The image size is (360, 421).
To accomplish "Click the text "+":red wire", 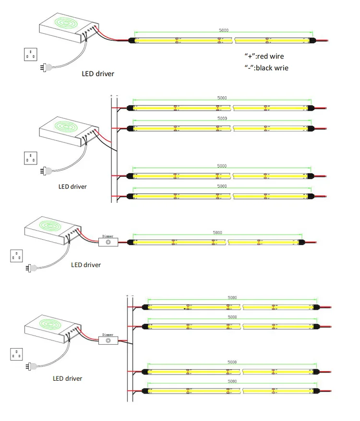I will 264,56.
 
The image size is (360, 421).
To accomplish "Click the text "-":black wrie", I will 266,68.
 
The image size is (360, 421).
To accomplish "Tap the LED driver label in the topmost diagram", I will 98,74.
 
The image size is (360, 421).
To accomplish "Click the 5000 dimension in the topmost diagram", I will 224,30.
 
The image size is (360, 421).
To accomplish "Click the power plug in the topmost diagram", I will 47,68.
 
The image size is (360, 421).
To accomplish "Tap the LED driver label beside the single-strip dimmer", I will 86,265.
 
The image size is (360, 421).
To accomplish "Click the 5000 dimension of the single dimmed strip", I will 217,233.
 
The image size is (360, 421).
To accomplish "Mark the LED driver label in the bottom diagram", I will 67,378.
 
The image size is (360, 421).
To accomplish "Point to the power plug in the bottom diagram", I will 32,367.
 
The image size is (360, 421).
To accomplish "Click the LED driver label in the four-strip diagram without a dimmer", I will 72,186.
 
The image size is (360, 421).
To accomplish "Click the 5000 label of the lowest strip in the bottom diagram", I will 232,382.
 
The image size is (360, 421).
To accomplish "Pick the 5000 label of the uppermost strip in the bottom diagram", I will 232,297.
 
